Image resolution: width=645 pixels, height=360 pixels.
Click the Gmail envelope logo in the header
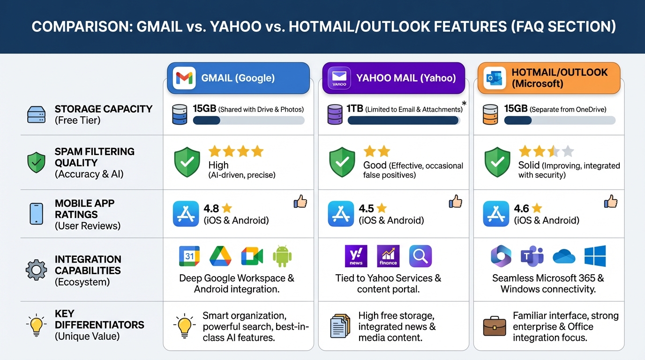click(x=184, y=78)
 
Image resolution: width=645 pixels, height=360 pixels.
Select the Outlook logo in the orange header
click(x=495, y=78)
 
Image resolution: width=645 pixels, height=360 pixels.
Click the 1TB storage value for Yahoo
click(x=355, y=109)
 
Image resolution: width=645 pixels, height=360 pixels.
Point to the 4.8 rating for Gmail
click(x=211, y=209)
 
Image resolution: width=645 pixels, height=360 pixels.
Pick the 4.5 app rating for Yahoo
click(x=367, y=209)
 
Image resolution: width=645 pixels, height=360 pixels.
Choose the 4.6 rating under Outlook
click(x=522, y=209)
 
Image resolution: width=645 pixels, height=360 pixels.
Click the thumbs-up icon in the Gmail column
click(x=300, y=202)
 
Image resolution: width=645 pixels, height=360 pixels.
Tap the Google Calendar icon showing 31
click(x=189, y=256)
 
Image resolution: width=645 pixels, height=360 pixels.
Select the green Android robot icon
click(x=282, y=256)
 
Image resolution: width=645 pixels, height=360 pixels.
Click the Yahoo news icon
click(x=356, y=256)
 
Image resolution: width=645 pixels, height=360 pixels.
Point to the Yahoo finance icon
click(x=388, y=256)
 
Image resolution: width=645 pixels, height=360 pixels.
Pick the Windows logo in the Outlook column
click(x=595, y=256)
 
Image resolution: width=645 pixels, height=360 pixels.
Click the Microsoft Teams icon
click(x=532, y=256)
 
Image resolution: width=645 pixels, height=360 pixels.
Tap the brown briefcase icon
click(x=495, y=326)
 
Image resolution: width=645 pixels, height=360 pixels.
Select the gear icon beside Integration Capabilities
click(x=36, y=270)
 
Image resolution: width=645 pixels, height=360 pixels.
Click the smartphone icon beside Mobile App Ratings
click(x=36, y=214)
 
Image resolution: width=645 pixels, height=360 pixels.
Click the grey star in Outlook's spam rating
click(x=568, y=151)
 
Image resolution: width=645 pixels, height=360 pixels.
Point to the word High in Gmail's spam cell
click(x=218, y=165)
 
